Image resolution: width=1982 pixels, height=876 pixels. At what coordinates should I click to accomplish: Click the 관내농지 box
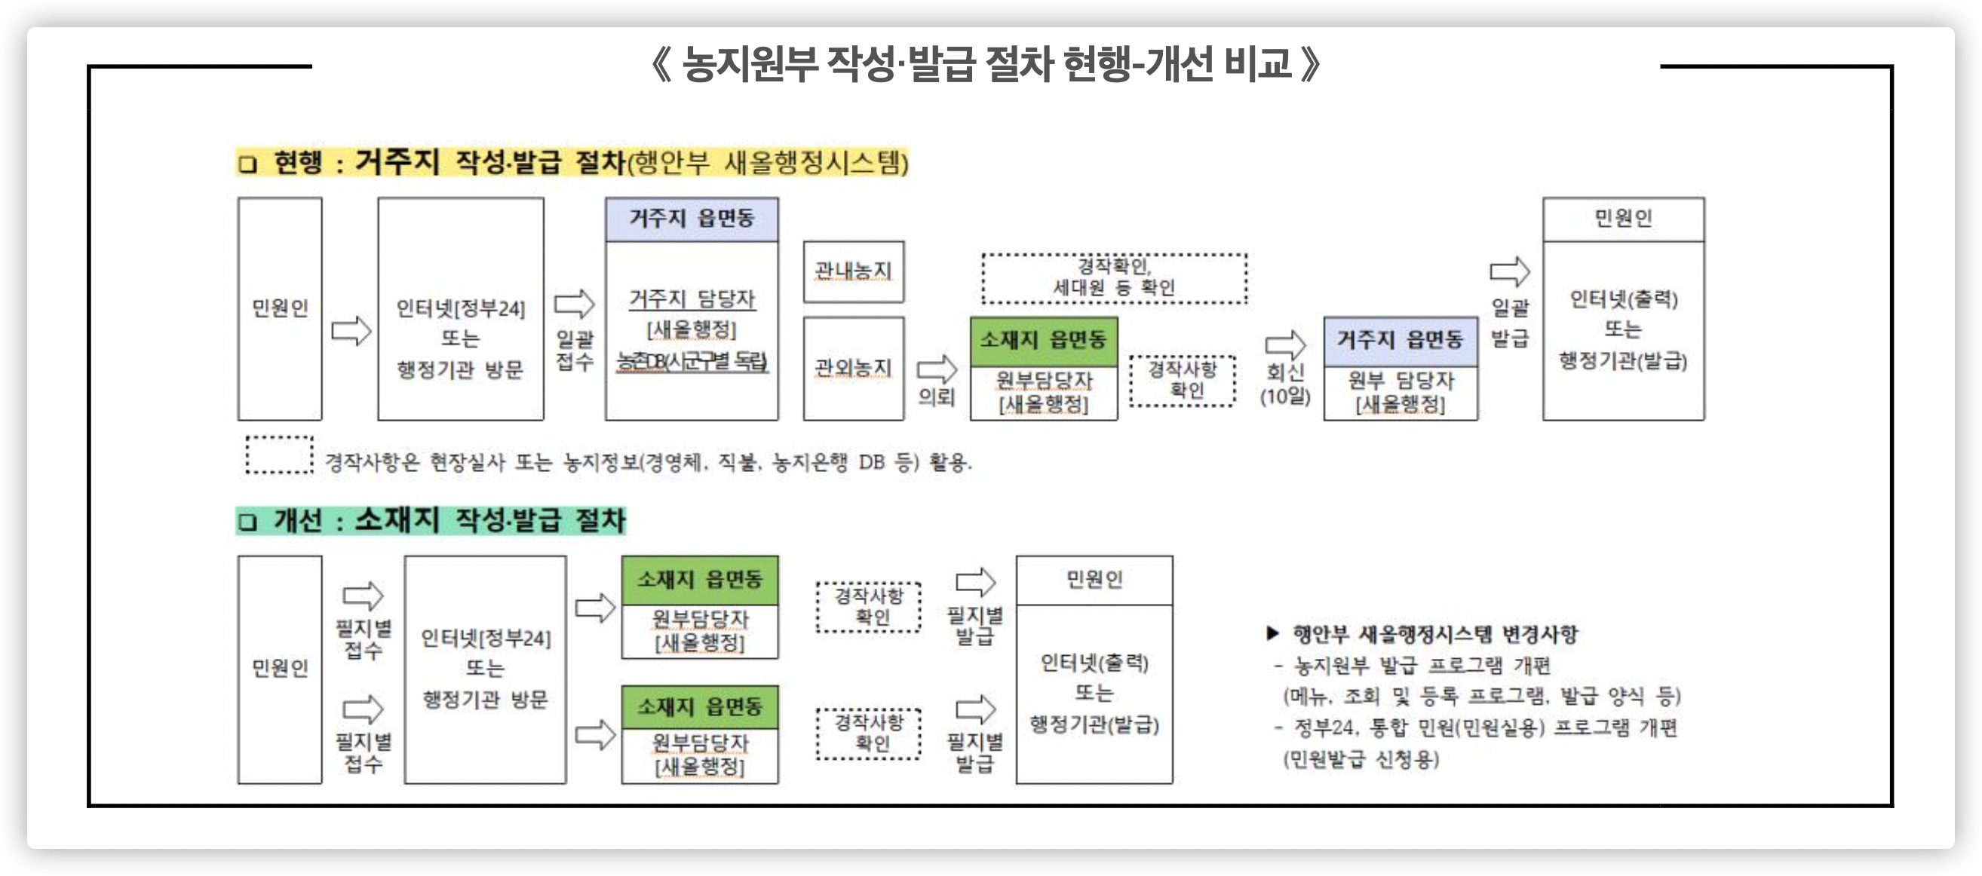pos(852,271)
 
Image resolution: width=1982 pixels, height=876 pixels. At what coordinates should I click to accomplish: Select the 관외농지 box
pos(852,368)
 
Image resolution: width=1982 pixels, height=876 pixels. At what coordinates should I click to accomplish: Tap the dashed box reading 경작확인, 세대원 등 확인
pos(1113,277)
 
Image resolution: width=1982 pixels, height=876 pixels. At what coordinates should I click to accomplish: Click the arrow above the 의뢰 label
pos(937,369)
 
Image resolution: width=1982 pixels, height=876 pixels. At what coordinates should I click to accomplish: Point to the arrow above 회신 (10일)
pos(1285,344)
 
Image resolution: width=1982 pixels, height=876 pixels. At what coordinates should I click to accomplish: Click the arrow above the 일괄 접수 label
pos(574,304)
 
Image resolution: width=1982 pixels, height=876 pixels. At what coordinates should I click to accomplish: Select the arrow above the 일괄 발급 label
pos(1510,271)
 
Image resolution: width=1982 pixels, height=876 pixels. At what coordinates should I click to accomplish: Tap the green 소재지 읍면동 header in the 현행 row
pos(1043,340)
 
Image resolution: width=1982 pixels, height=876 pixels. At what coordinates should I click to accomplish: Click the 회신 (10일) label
pos(1285,384)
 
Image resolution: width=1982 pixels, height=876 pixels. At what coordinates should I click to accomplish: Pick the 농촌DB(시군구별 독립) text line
pos(692,360)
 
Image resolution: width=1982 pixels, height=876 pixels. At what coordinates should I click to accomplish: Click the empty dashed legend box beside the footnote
pos(278,455)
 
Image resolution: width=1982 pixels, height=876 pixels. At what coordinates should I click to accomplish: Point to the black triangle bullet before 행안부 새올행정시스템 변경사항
pos(1272,633)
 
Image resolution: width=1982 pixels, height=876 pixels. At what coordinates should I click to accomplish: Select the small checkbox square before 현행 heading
pos(247,164)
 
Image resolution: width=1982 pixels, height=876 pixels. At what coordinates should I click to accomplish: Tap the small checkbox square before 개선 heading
pos(247,522)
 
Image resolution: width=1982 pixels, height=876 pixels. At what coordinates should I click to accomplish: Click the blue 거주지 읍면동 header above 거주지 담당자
pos(691,219)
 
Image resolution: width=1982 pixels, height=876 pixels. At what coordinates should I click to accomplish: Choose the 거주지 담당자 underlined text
pos(692,299)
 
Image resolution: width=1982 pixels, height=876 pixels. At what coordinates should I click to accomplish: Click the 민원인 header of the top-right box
pos(1623,219)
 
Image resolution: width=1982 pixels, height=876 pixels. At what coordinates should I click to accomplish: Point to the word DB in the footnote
pos(871,462)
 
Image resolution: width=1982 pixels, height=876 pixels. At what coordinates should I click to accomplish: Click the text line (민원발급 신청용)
pos(1361,759)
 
